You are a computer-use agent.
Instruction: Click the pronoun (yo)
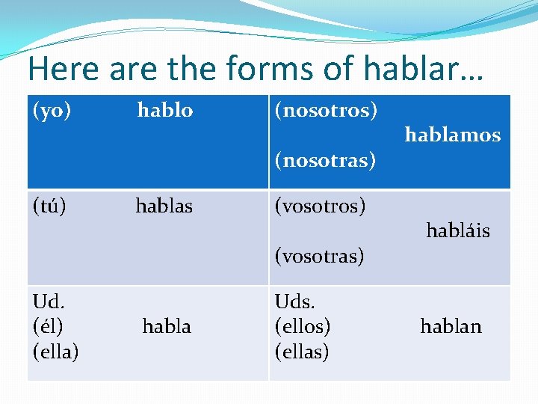(52, 111)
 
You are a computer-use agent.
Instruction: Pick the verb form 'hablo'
(165, 111)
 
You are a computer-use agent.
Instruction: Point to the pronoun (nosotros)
(326, 111)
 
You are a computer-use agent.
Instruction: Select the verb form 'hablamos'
(452, 135)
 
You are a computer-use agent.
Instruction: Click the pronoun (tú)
(49, 206)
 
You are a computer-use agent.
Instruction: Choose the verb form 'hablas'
(164, 206)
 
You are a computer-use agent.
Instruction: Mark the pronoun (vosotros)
(320, 206)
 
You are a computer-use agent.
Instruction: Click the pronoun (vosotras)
(319, 256)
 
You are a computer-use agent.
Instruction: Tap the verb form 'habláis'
(457, 230)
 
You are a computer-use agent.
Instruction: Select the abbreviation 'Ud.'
(49, 301)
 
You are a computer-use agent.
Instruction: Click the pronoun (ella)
(55, 351)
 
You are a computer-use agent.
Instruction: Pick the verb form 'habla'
(166, 326)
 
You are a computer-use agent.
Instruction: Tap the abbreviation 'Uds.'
(294, 301)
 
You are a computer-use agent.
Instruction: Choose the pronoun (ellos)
(303, 326)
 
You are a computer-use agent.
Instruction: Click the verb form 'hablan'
(451, 326)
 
